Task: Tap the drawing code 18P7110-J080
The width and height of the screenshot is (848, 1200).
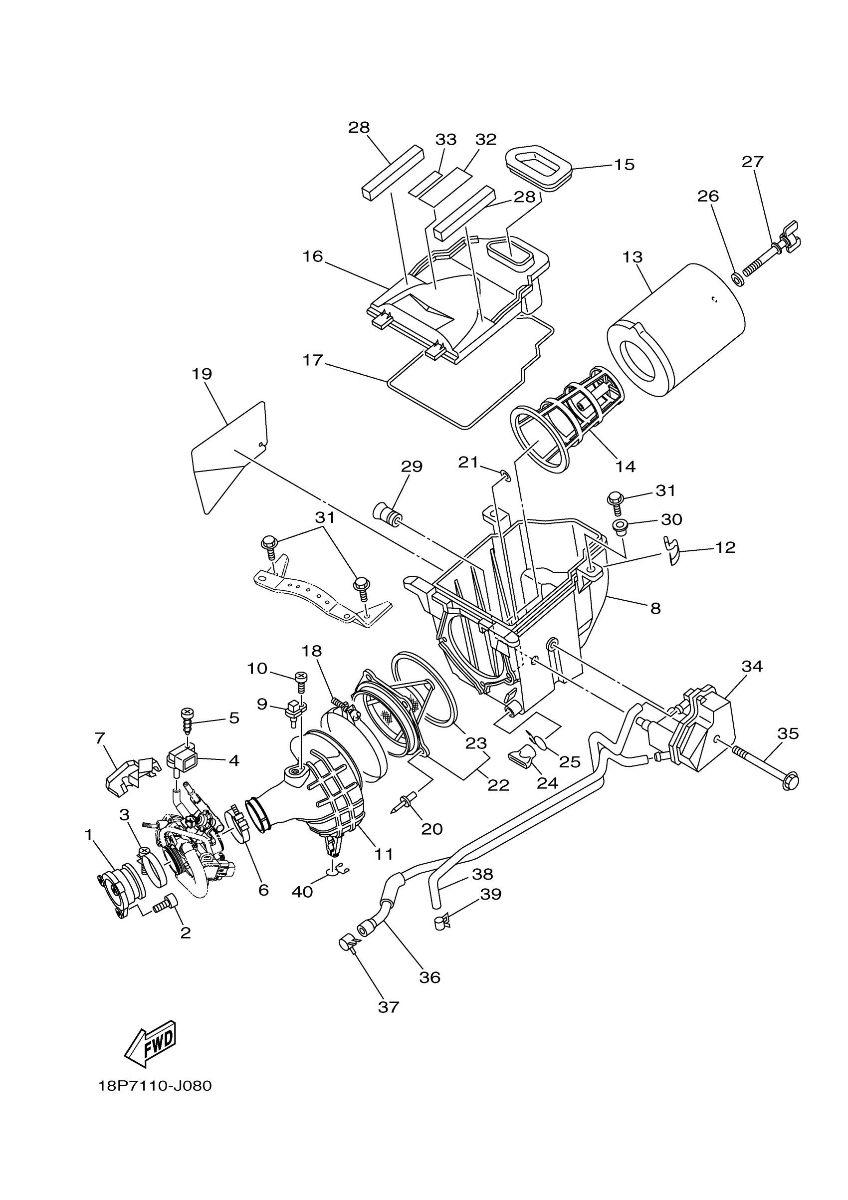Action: [x=155, y=1086]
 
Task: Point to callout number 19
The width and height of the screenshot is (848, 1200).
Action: [x=202, y=374]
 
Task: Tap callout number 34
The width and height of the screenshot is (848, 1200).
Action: [x=752, y=667]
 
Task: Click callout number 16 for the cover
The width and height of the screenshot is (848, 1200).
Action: [x=312, y=256]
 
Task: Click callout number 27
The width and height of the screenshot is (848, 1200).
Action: [x=752, y=162]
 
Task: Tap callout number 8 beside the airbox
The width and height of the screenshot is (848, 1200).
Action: [x=655, y=608]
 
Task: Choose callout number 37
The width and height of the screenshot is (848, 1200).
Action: [x=388, y=1007]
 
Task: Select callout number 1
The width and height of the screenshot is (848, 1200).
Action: [x=89, y=835]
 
